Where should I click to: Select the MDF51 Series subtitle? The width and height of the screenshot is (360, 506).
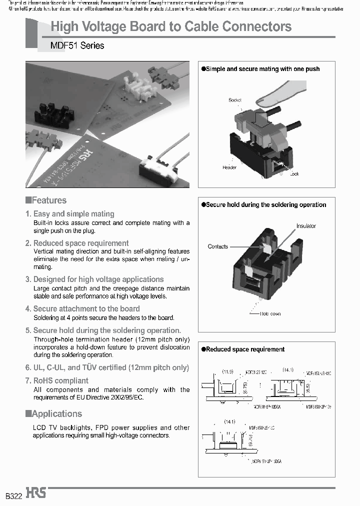(x=77, y=45)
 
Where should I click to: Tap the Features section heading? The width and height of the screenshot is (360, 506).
(x=48, y=200)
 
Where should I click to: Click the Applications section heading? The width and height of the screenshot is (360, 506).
(x=56, y=414)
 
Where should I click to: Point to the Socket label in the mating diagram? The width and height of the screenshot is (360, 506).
(x=234, y=100)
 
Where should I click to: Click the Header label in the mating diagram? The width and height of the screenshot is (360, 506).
(x=229, y=167)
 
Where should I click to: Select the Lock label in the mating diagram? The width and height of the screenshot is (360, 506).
(x=294, y=173)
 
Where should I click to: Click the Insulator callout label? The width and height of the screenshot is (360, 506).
(x=306, y=226)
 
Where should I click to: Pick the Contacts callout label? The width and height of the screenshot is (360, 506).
(x=217, y=246)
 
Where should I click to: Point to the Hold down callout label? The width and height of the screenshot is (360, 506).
(x=270, y=313)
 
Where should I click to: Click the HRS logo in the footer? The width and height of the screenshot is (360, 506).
(x=36, y=493)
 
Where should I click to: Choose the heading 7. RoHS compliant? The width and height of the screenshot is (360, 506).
(x=57, y=380)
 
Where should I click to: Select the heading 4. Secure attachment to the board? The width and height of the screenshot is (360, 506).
(x=82, y=309)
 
